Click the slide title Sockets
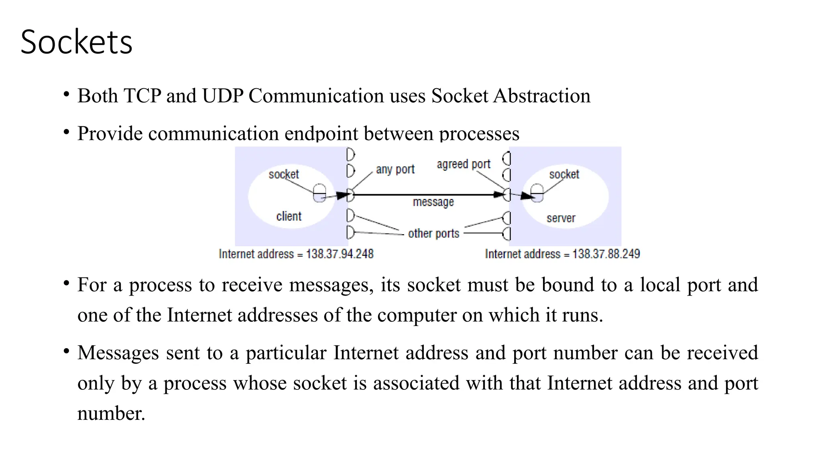coord(76,42)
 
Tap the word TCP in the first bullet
coord(142,96)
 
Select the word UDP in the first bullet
coord(223,96)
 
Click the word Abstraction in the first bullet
coord(541,96)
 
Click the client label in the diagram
coord(289,217)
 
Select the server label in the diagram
coord(561,219)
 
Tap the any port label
coord(395,170)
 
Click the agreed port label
coord(464,164)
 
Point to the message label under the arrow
coord(433,202)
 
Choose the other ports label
coord(433,233)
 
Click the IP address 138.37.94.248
coord(340,254)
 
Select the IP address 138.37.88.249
coord(606,254)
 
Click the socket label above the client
coord(284,174)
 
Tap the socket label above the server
coord(564,174)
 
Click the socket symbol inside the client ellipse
coord(319,193)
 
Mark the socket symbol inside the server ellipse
coord(537,193)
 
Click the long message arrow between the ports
coord(425,195)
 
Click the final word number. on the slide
coord(111,413)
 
